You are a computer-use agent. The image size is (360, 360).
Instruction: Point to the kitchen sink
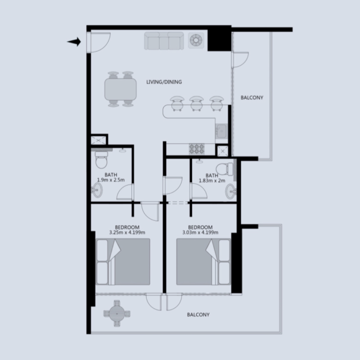click(x=221, y=131)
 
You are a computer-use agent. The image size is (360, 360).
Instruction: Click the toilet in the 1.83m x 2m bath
click(x=222, y=168)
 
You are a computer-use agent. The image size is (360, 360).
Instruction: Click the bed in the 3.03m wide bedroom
click(x=203, y=261)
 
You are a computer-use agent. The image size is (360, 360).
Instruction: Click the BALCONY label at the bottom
click(x=198, y=315)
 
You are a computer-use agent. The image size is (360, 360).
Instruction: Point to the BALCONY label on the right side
click(x=252, y=97)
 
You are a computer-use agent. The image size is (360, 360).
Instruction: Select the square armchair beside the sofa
click(x=196, y=40)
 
